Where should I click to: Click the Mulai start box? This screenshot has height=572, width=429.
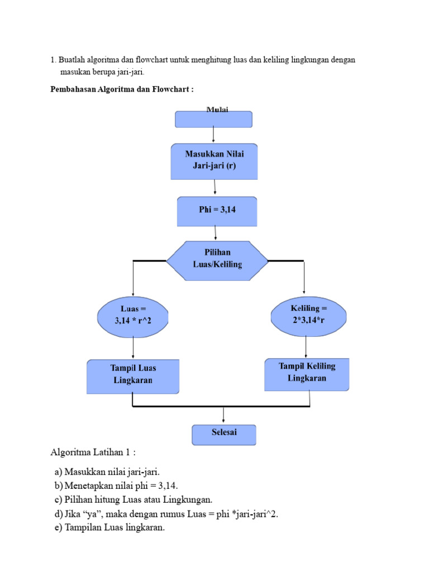click(214, 119)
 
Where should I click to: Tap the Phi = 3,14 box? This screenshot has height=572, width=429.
click(217, 210)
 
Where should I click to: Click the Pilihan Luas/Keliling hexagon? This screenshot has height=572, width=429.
click(217, 260)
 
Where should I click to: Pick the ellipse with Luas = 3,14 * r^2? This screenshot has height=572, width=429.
click(132, 315)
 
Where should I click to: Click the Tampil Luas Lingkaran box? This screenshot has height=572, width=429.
click(133, 375)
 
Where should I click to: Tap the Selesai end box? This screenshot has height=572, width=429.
click(223, 435)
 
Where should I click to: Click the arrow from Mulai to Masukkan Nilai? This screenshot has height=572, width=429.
click(214, 135)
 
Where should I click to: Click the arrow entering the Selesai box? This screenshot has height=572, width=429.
click(223, 415)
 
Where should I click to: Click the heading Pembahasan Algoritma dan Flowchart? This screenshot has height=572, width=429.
click(122, 89)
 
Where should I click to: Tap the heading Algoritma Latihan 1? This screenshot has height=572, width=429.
click(93, 451)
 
